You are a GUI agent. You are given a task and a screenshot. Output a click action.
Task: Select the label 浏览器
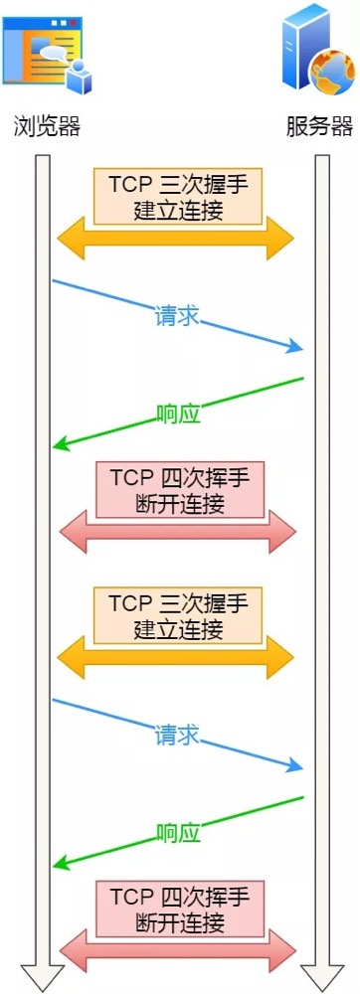click(x=46, y=127)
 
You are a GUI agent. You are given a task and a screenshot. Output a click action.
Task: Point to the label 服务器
click(x=319, y=127)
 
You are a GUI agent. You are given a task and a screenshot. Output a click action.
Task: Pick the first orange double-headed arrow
click(x=177, y=240)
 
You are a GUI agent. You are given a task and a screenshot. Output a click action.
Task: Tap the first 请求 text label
click(x=177, y=316)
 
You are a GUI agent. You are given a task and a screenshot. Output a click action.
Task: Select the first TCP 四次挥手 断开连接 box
click(x=179, y=490)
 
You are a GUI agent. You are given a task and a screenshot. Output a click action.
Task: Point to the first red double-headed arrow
click(x=178, y=533)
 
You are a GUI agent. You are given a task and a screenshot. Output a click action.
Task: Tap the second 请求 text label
click(x=177, y=736)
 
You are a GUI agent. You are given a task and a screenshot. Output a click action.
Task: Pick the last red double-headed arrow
click(x=178, y=951)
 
